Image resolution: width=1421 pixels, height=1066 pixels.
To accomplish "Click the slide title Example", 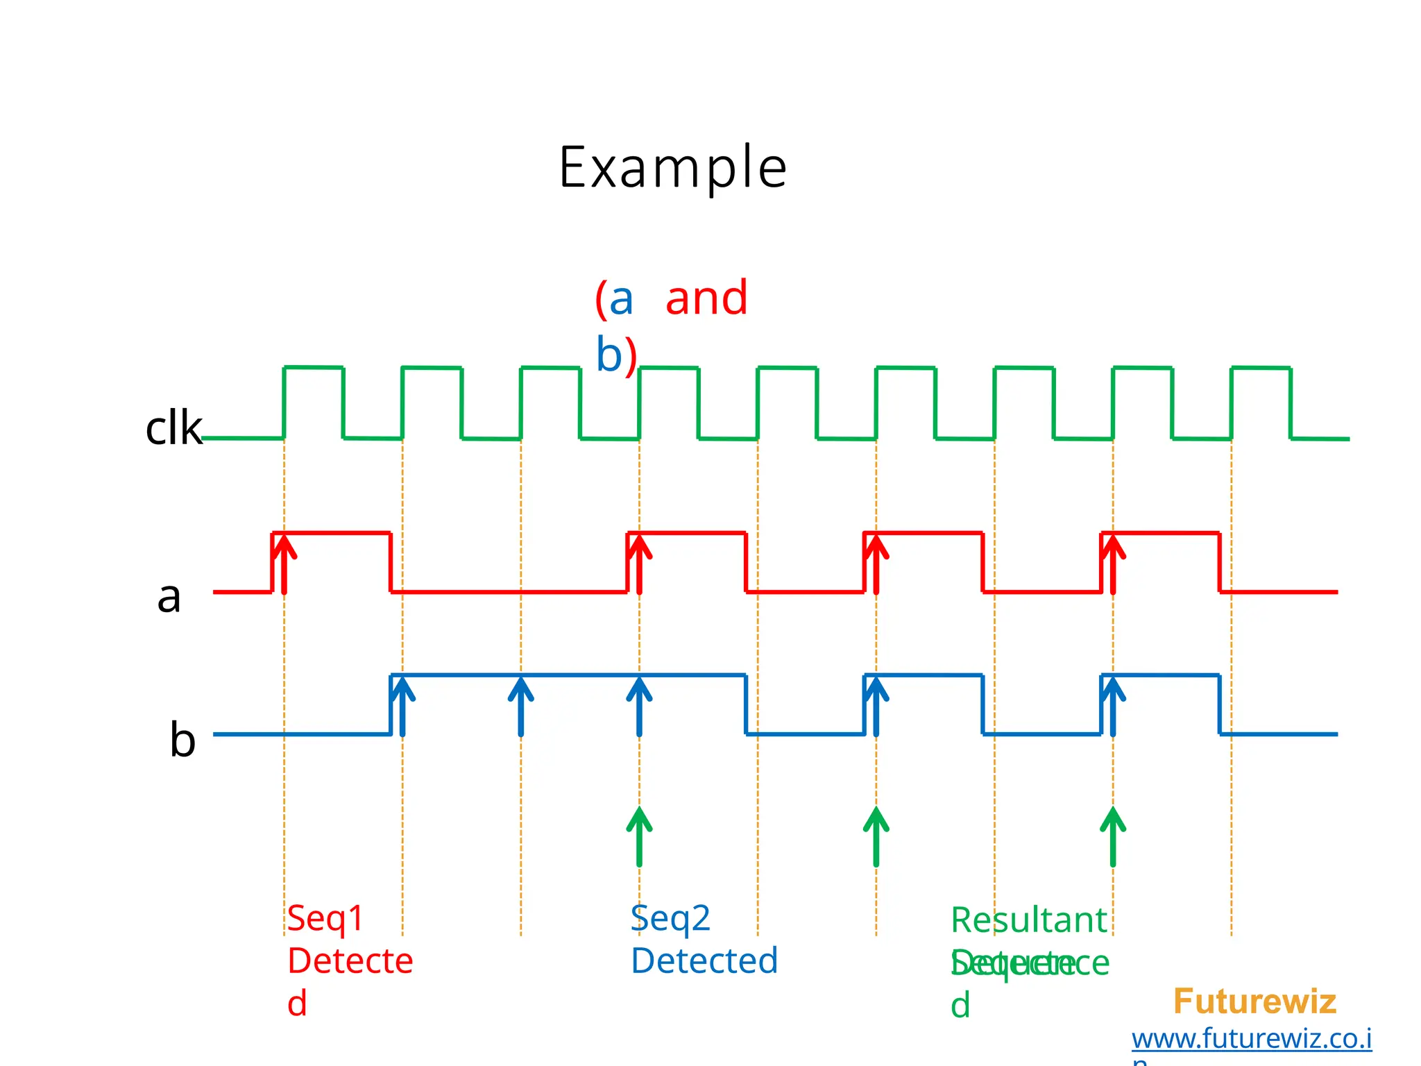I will [672, 169].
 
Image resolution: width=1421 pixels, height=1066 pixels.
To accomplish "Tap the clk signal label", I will [173, 428].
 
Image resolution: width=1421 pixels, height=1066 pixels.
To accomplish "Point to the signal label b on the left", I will [182, 740].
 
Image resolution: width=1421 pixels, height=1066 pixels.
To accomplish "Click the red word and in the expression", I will [706, 298].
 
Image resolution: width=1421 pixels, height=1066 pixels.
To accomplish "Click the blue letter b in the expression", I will [609, 355].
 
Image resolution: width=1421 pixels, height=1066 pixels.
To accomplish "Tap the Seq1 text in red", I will [325, 918].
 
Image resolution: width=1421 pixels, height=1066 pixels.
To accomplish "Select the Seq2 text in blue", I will [670, 918].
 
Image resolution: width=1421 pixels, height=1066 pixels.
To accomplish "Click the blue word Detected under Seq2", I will [704, 961].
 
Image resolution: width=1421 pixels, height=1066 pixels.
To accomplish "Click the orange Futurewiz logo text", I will [1254, 1001].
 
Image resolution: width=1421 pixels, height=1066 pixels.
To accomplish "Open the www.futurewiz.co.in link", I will [1252, 1039].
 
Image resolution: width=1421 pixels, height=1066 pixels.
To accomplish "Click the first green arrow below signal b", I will [639, 836].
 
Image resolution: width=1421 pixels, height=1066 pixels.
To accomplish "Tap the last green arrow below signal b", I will [1113, 836].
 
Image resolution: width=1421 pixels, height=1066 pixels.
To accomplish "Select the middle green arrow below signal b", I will [876, 836].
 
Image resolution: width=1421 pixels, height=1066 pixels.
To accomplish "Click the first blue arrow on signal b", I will [402, 706].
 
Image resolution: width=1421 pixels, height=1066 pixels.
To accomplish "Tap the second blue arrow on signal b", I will [521, 706].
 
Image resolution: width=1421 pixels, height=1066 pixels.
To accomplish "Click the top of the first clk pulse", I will [314, 367].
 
